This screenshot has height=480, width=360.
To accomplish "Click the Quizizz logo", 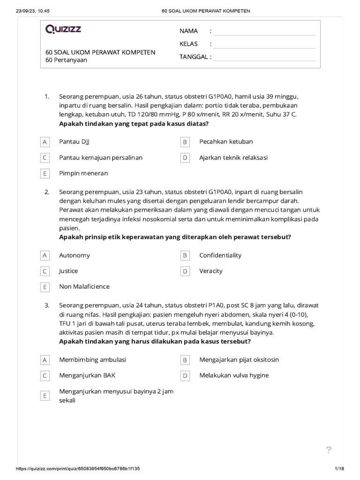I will point(63,30).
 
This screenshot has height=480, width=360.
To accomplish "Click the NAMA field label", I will point(188,31).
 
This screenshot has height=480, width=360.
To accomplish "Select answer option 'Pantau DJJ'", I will point(74,142).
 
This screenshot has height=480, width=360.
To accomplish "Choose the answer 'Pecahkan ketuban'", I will point(226,142).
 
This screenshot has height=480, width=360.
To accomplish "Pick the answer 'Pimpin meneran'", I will point(83,173).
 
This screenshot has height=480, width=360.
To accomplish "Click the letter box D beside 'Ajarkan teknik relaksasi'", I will point(185,157).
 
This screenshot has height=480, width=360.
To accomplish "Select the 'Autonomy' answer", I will point(75,255).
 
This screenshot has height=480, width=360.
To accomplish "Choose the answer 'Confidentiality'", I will point(220,255).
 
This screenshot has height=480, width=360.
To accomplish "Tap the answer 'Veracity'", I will point(211,271).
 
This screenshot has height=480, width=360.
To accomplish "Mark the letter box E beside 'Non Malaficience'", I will point(45,287).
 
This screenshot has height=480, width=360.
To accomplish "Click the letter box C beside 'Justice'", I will point(45,271).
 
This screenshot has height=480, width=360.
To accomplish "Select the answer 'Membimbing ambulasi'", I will point(92,360).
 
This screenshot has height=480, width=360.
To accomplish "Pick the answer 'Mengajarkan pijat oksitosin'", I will point(239,360).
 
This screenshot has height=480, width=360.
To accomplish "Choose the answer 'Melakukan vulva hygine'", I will point(234,375).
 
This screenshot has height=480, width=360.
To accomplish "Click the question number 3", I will point(47,305).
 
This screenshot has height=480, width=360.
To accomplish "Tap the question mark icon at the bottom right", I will point(329,450).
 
